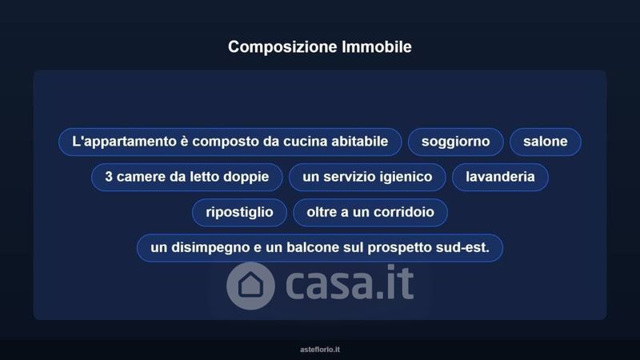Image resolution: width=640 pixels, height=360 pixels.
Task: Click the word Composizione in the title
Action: [x=282, y=47]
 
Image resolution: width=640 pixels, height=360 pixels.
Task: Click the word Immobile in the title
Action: [x=377, y=46]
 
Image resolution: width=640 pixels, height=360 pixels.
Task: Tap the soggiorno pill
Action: [x=455, y=142]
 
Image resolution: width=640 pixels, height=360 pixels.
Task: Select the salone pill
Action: [x=546, y=142]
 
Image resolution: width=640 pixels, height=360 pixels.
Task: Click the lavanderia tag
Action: [x=500, y=177]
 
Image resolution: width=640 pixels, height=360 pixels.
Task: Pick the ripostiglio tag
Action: [x=239, y=212]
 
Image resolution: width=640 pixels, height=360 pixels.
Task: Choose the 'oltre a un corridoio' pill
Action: [x=370, y=212]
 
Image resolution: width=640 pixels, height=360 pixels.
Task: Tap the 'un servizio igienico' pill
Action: [x=367, y=177]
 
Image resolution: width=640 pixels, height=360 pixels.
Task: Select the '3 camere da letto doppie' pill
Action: [x=187, y=177]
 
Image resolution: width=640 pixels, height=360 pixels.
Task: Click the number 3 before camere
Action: [x=109, y=177]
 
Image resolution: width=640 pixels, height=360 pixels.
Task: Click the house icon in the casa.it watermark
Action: [x=250, y=286]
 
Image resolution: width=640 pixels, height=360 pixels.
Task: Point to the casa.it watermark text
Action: [x=350, y=282]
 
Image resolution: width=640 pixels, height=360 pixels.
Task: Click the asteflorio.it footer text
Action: [x=320, y=350]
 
